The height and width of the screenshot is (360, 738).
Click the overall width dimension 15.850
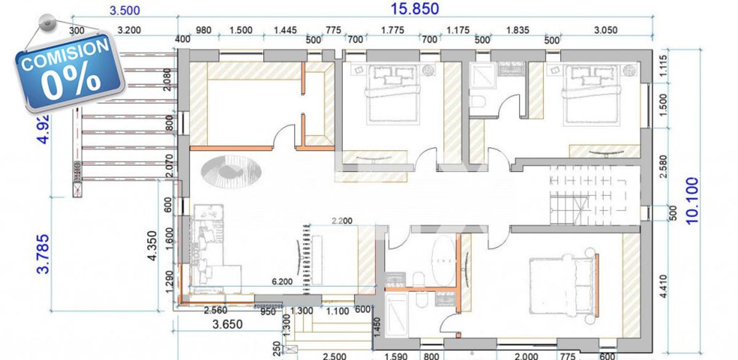(x=416, y=9)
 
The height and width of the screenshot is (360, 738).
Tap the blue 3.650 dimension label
(x=227, y=324)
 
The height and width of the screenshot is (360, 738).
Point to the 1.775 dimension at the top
(x=392, y=29)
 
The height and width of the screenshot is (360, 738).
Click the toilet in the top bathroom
(x=477, y=102)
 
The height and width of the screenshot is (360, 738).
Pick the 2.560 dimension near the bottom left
(x=216, y=311)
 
